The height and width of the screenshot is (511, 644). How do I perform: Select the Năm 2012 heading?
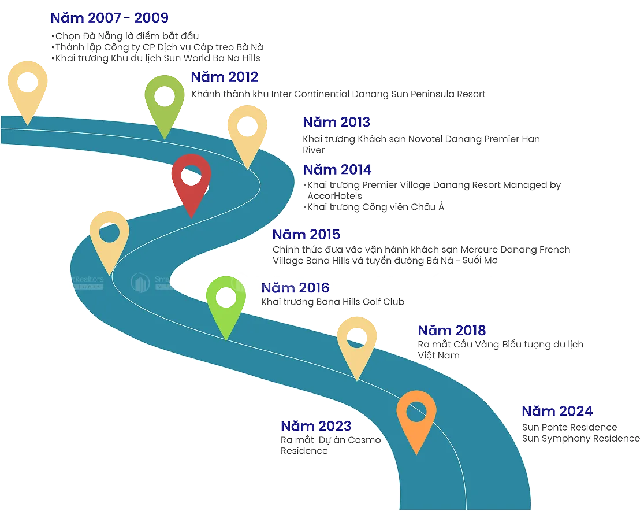tap(224, 77)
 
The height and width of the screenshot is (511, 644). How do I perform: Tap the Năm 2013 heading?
tap(336, 123)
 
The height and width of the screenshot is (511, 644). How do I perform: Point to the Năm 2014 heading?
tap(338, 170)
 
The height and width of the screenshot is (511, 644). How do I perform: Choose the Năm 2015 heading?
tap(306, 235)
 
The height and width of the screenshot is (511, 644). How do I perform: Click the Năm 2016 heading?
tap(295, 288)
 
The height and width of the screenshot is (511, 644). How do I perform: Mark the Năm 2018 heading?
tap(452, 331)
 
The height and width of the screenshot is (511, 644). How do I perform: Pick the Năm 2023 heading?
tap(315, 427)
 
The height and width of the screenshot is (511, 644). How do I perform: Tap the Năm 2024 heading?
tap(557, 412)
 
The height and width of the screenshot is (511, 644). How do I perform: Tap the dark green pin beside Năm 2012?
tap(165, 102)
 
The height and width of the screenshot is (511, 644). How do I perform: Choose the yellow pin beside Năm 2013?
tap(247, 132)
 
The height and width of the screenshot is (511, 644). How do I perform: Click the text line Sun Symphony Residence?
tap(581, 439)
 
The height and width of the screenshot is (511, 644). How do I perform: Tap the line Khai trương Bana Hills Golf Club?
tap(333, 302)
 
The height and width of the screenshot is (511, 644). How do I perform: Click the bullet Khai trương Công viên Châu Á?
tap(375, 207)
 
